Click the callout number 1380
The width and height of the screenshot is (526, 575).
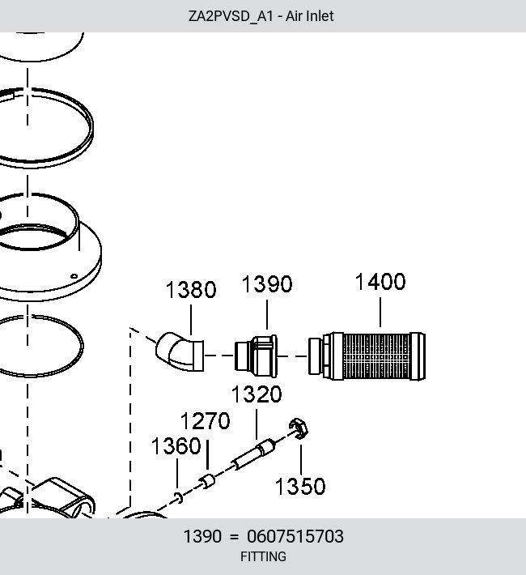[x=191, y=289]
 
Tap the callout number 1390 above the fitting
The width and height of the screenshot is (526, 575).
[x=267, y=283]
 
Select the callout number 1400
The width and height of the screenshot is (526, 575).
[x=380, y=282]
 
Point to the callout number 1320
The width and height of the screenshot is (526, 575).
[x=257, y=394]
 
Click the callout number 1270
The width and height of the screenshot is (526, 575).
[x=206, y=420]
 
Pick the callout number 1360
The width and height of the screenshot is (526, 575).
[x=176, y=446]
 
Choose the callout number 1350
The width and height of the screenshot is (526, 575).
[x=300, y=486]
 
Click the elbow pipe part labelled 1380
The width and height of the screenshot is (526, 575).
[x=180, y=351]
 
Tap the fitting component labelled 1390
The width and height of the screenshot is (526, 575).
[x=256, y=356]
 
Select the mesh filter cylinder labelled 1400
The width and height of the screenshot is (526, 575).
[x=367, y=356]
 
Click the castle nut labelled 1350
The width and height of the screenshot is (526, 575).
[x=299, y=428]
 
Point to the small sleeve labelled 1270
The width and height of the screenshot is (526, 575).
[x=207, y=482]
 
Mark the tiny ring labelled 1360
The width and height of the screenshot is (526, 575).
[x=179, y=497]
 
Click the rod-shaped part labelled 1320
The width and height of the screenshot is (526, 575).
[x=253, y=454]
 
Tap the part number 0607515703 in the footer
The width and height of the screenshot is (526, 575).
[x=295, y=536]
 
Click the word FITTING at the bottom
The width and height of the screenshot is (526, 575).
[x=263, y=556]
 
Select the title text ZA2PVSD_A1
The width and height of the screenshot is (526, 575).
[x=231, y=16]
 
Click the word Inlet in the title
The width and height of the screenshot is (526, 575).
[x=320, y=16]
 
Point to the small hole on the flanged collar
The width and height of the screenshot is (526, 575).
[x=74, y=276]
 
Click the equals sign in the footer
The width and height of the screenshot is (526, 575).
[x=234, y=537]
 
